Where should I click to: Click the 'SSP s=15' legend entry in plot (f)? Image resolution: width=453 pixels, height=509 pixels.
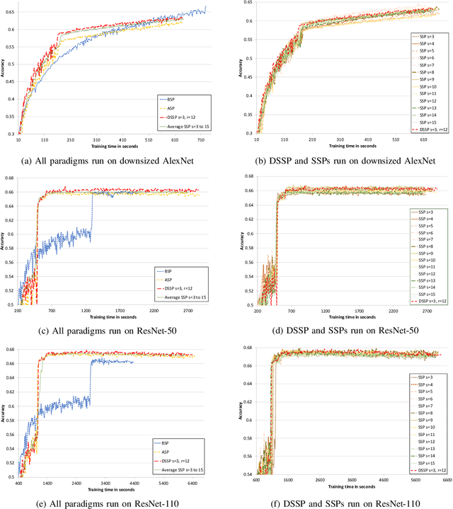(x=427, y=462)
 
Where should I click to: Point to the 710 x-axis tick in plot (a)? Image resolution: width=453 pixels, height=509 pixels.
(x=201, y=139)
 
